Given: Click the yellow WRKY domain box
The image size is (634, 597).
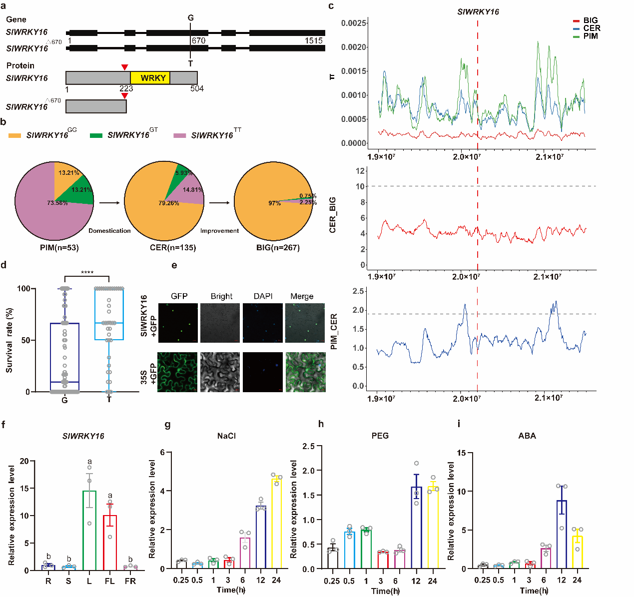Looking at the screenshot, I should click(x=150, y=78).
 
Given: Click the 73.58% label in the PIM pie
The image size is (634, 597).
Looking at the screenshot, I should click(x=57, y=203).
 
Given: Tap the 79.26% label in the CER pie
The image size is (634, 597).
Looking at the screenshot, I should click(x=169, y=203).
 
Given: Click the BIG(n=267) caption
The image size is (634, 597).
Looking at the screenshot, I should click(x=274, y=247).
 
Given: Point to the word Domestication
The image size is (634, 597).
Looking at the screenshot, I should click(x=109, y=231).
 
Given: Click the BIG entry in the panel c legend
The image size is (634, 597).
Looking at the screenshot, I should click(x=590, y=20).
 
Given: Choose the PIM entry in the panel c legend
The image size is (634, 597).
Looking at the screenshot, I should click(x=590, y=36).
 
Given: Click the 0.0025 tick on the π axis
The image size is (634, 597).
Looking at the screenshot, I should click(x=354, y=23).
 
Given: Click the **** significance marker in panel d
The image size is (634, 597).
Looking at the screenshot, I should click(x=87, y=273).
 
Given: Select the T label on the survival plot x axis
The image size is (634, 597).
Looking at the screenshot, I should click(x=109, y=400).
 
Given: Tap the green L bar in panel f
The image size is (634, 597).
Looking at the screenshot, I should click(x=89, y=530).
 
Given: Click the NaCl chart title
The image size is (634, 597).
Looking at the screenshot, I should click(x=226, y=436).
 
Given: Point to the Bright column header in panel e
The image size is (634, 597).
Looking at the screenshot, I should click(x=221, y=296).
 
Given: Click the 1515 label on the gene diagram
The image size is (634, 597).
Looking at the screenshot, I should click(x=314, y=41).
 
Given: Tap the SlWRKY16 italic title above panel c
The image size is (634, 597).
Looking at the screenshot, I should click(x=478, y=12).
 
